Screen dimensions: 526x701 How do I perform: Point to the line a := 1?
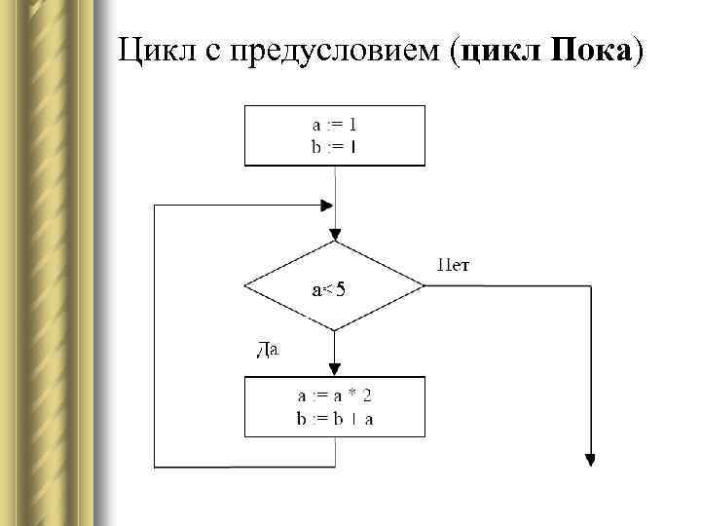pos(334,126)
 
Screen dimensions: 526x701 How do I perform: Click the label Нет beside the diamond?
pos(455,264)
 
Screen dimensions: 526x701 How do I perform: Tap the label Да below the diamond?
pos(268,349)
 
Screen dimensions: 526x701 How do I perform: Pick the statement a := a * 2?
pos(334,396)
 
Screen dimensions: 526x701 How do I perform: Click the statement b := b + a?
pos(334,419)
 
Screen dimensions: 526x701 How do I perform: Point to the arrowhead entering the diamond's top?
pos(335,235)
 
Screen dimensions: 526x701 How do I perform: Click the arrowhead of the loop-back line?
pos(327,206)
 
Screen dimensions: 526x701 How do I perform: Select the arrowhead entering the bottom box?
pos(335,369)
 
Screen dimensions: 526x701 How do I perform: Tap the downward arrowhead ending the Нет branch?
pos(590,461)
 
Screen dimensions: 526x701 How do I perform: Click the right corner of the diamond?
pos(424,286)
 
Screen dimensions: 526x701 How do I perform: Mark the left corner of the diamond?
pos(244,286)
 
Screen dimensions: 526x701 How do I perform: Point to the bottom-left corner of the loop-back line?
pos(155,468)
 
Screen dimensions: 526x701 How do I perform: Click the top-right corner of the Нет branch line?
pos(590,286)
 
